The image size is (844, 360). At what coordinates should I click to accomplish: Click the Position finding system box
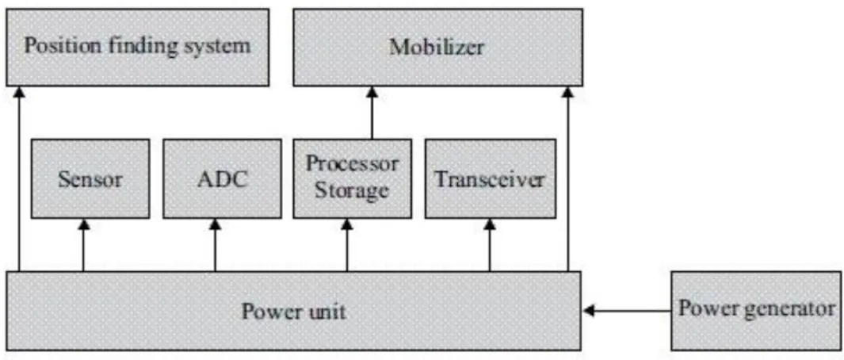point(137,47)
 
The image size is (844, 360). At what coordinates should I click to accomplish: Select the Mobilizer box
point(437,47)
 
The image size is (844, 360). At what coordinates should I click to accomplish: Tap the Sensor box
point(90,179)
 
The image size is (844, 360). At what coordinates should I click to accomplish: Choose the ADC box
point(222,179)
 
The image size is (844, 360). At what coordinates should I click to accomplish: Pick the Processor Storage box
point(353,179)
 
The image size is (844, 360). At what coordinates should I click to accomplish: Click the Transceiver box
point(490,179)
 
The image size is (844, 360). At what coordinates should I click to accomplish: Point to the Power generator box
point(757,311)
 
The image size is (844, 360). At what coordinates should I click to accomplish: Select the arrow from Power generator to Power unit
point(627,311)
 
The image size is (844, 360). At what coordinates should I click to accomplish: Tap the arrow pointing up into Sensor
point(83,245)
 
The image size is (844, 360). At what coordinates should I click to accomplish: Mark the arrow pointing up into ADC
point(216,245)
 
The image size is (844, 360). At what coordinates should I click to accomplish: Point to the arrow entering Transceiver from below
point(490,245)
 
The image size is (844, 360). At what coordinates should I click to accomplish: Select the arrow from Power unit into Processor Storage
point(347,245)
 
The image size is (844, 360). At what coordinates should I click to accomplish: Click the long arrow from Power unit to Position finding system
point(19,179)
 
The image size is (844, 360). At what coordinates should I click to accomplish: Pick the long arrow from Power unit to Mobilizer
point(567,179)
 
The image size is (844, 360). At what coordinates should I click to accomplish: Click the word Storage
point(352,191)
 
